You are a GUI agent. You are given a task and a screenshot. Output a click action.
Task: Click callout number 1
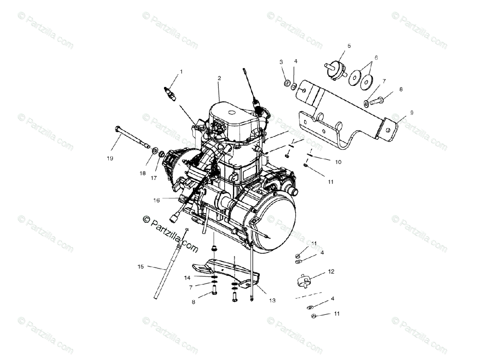tap(181, 72)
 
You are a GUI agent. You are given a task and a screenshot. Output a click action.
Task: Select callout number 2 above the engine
tap(219, 78)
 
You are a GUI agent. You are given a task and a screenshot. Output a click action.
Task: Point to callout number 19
tap(110, 158)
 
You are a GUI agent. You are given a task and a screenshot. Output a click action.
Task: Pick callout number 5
tap(349, 46)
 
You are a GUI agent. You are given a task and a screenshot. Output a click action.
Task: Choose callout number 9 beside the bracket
tap(411, 113)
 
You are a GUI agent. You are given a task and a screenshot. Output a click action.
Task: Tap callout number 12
tap(331, 271)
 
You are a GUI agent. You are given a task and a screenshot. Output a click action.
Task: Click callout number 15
tap(141, 266)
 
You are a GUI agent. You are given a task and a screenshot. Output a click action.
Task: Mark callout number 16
tap(156, 201)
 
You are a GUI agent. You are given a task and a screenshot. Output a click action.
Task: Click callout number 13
tap(272, 301)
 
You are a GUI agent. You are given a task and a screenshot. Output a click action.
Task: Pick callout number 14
tap(187, 277)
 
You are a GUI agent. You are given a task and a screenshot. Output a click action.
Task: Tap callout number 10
tap(338, 162)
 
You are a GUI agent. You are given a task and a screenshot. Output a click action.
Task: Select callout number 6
tap(376, 58)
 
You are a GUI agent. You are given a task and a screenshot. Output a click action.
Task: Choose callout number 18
tap(142, 173)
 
